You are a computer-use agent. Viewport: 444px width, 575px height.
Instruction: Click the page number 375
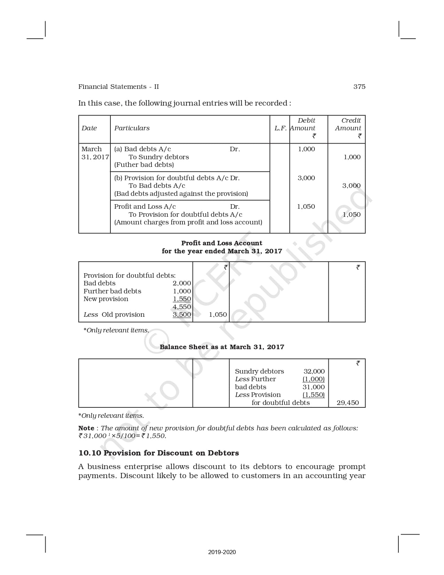coord(359,87)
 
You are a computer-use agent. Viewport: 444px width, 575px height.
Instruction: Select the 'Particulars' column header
coord(132,128)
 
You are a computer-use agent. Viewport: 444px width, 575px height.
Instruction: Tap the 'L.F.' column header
coord(280,128)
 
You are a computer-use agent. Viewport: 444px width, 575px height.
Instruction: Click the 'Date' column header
coord(89,128)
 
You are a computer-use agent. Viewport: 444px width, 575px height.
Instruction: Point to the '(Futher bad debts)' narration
coord(144,165)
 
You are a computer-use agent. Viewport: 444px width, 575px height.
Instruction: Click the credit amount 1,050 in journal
coord(351,215)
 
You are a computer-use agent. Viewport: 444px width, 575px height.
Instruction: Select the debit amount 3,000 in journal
coord(306,178)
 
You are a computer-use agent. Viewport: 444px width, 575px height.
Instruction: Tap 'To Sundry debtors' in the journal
coord(158,157)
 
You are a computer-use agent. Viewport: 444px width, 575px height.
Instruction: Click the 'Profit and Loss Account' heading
coord(221,243)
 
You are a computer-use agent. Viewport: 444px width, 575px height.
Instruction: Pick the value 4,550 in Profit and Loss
coord(182,307)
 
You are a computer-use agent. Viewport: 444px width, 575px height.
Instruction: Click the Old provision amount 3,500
coord(182,315)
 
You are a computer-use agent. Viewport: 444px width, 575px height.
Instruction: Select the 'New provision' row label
coord(106,299)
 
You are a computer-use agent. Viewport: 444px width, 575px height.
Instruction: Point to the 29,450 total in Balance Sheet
coord(348,403)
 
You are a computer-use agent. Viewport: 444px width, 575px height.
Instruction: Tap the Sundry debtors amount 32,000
coord(314,371)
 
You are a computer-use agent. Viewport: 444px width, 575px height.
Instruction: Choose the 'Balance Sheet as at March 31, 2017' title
coord(222,347)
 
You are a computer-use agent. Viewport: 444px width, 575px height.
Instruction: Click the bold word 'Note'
coord(86,428)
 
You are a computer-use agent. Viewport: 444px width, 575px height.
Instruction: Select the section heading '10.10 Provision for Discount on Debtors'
coord(158,453)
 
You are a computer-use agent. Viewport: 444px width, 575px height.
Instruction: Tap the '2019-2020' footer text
coord(222,552)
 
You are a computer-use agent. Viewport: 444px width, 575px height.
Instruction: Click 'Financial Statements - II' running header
coord(118,87)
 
